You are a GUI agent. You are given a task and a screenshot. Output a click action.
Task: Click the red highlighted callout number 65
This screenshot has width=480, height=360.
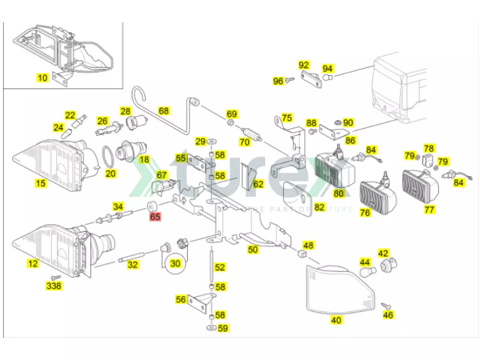(155, 217)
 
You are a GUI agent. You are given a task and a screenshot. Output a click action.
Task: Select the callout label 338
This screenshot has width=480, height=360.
(54, 286)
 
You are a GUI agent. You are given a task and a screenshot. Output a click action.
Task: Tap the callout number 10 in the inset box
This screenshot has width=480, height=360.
(43, 77)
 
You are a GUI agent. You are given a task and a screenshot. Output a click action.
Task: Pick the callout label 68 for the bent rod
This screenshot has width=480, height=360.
(164, 110)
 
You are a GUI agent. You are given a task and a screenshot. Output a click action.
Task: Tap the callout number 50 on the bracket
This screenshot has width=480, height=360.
(253, 249)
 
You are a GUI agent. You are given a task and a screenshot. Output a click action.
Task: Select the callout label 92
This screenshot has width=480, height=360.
(304, 65)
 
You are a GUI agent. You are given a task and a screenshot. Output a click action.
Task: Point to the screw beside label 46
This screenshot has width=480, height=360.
(385, 305)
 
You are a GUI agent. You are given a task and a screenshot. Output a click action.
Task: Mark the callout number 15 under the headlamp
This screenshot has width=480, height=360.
(40, 183)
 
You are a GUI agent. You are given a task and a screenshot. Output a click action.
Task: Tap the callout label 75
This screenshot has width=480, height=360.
(287, 118)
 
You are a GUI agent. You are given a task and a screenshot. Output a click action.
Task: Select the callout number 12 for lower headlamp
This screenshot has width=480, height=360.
(32, 264)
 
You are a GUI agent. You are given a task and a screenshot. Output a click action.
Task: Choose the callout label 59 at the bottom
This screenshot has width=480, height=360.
(222, 328)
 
